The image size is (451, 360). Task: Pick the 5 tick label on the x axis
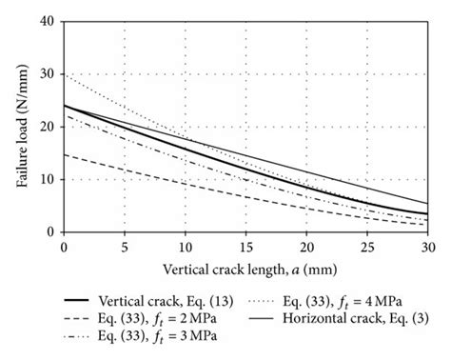click(125, 246)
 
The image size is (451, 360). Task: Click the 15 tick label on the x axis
click(245, 246)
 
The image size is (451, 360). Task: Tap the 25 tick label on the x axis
click(367, 246)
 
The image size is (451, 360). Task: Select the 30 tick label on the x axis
click(427, 246)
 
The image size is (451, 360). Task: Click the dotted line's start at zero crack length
click(64, 74)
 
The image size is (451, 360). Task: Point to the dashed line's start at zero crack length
click(64, 153)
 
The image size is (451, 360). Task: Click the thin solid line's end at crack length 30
click(427, 203)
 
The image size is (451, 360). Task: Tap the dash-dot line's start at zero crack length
click(64, 115)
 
